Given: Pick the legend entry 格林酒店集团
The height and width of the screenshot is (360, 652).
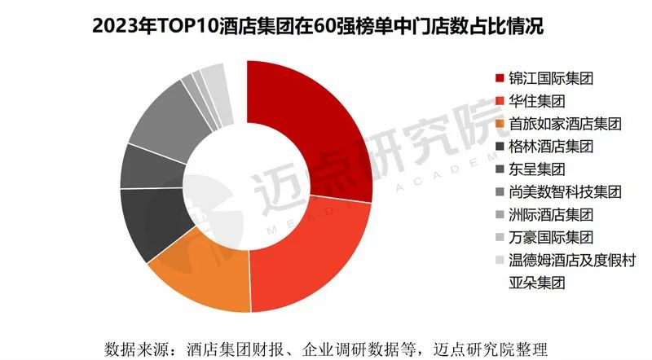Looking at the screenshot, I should [550, 147].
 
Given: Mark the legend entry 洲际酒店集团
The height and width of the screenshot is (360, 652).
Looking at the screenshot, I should [550, 215].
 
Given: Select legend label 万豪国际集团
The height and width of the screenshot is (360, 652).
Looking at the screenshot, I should [550, 238].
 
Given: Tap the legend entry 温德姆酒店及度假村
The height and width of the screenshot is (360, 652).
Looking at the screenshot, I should [571, 261].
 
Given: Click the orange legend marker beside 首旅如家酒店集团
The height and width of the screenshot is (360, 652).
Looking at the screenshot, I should [500, 124].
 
